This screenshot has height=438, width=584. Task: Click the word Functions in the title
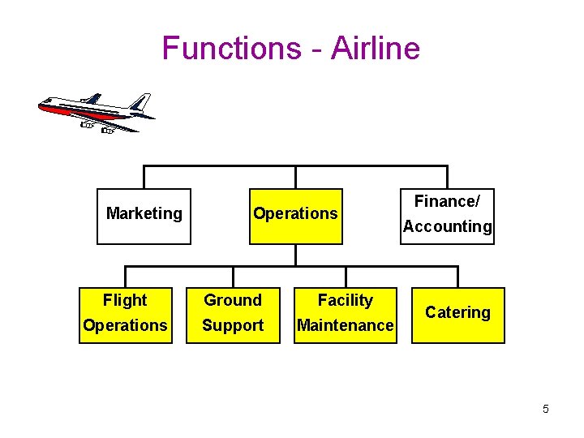coord(230,48)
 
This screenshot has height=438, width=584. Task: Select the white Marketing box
coord(144,216)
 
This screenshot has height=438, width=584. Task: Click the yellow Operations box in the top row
coord(295,216)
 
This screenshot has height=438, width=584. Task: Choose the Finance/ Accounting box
coord(447,216)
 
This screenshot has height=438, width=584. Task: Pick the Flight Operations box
coord(126,315)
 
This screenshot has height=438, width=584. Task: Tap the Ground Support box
coord(233,315)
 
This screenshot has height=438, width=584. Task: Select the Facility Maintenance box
coord(345,315)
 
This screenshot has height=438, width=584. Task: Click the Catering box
coord(457,315)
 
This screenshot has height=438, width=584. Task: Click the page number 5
coord(545,409)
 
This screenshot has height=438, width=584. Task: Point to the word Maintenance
coord(345,326)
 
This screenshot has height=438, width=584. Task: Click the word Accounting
coord(447,227)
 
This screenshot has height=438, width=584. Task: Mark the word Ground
coord(233,301)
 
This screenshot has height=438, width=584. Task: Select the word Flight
coord(125,301)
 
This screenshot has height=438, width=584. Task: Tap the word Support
coord(233,326)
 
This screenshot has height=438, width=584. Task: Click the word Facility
coord(345,301)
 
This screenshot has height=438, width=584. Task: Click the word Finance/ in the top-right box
coord(447,201)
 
